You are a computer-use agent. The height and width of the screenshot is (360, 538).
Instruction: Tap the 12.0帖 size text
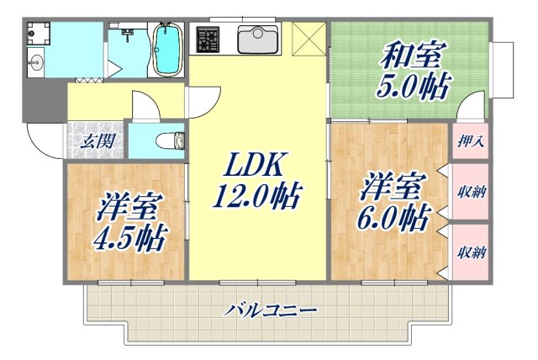(x=256, y=198)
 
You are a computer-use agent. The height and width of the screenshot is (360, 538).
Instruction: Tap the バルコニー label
(x=271, y=310)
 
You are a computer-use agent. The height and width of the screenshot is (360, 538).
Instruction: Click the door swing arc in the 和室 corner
(x=472, y=108)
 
